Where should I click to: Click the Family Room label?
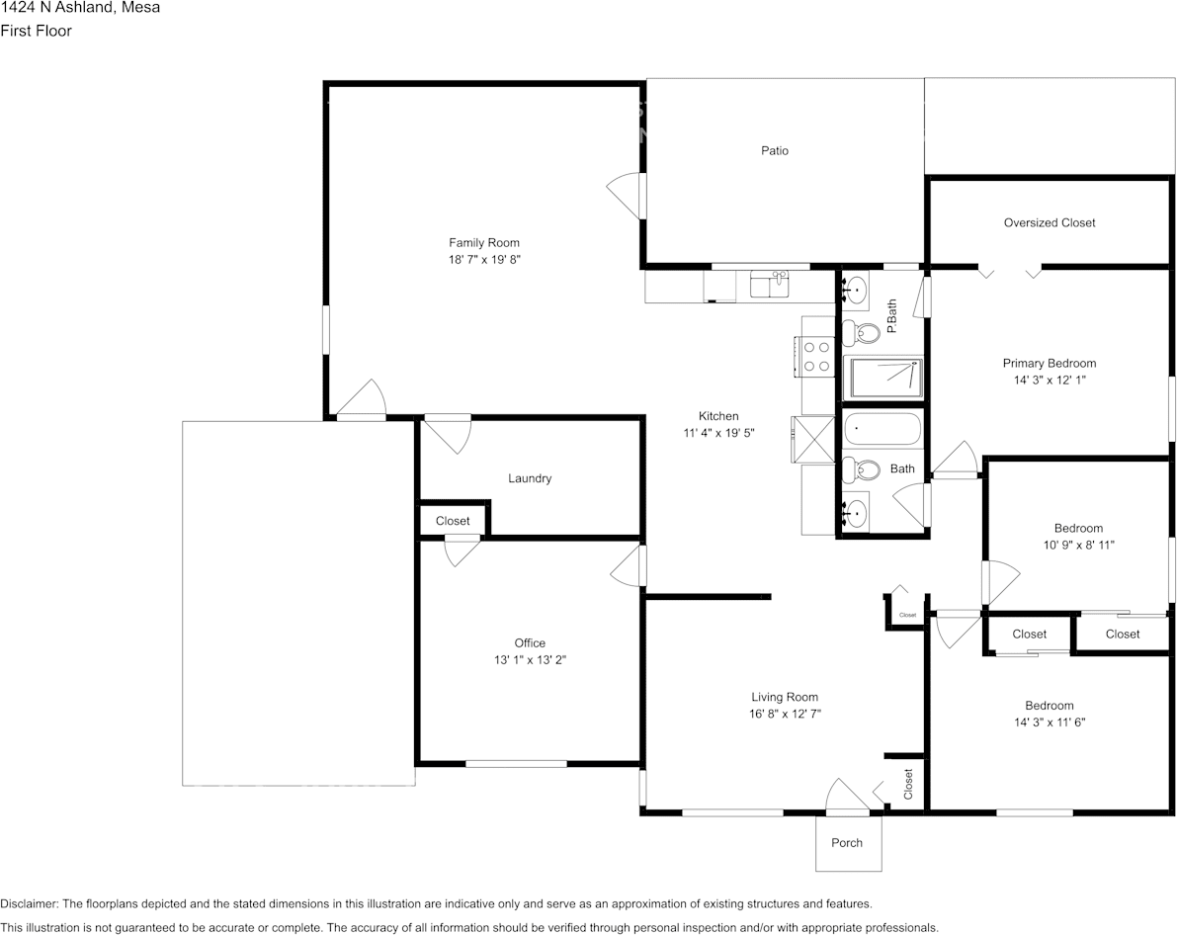tap(484, 242)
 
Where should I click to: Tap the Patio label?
tap(775, 151)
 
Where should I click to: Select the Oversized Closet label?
tap(1050, 223)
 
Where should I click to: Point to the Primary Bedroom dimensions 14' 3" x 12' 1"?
tap(1050, 380)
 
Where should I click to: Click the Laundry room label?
tap(530, 478)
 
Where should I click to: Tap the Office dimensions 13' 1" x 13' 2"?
tap(530, 660)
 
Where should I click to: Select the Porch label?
tap(847, 843)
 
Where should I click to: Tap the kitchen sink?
tap(770, 286)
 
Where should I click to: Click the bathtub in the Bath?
tap(882, 430)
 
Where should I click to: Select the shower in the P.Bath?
tap(883, 378)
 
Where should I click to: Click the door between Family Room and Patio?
tap(627, 196)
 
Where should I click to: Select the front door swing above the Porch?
tap(847, 796)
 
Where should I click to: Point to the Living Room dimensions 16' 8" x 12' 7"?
tap(786, 715)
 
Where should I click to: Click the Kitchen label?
tap(718, 416)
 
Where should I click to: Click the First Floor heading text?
tap(36, 31)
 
